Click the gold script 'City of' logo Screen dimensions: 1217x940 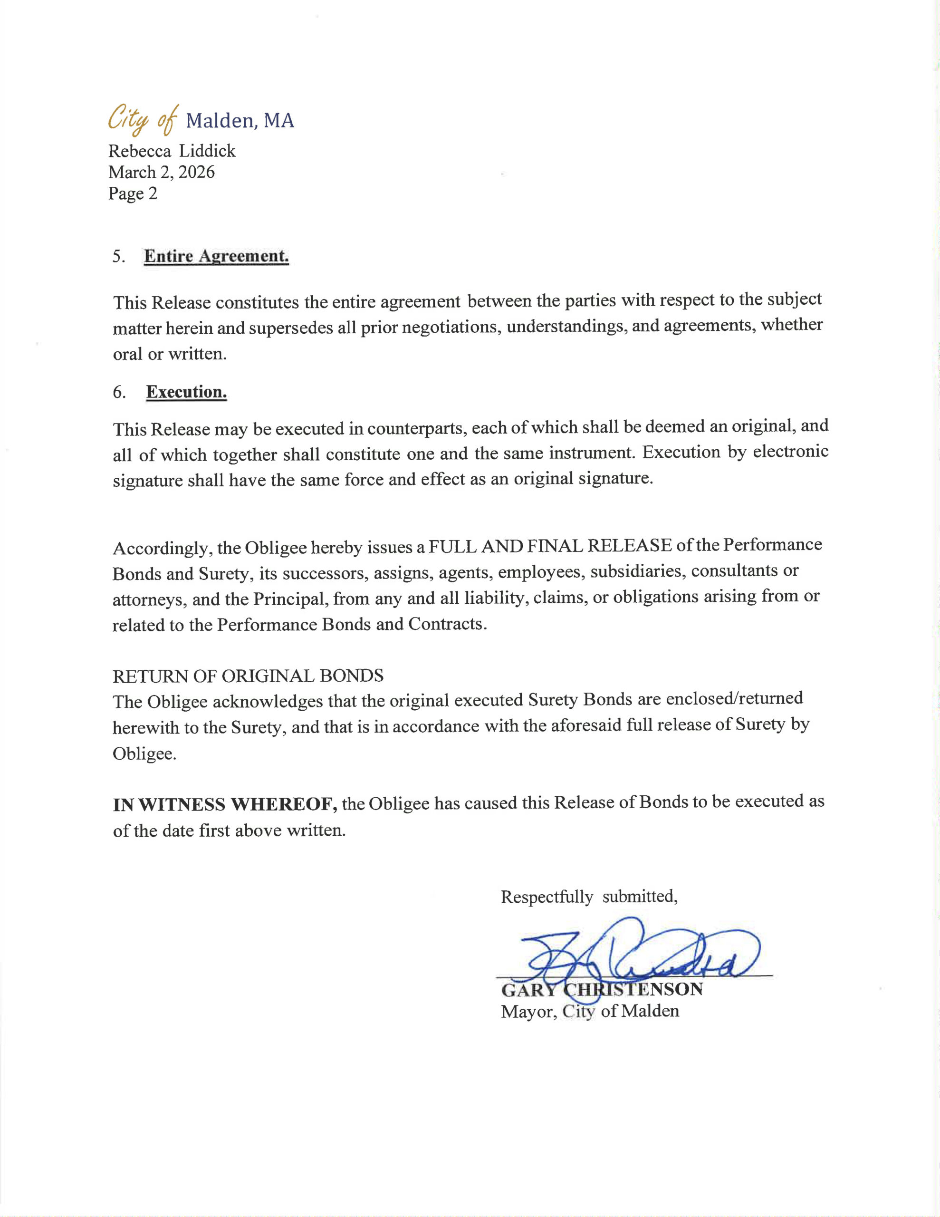click(143, 119)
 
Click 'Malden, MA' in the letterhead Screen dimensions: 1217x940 click(240, 120)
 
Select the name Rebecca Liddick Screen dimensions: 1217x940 click(172, 151)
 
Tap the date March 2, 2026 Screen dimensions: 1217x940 click(161, 172)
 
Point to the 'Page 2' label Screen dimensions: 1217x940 click(133, 193)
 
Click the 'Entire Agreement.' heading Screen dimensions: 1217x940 click(216, 256)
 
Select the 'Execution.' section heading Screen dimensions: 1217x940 click(186, 392)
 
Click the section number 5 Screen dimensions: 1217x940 click(118, 257)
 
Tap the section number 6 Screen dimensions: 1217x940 click(118, 393)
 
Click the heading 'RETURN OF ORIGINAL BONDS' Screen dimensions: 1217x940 click(248, 676)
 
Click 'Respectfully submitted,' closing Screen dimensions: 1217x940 click(589, 897)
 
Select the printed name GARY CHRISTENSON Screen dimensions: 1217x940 click(602, 990)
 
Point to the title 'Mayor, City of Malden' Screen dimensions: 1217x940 click(590, 1011)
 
